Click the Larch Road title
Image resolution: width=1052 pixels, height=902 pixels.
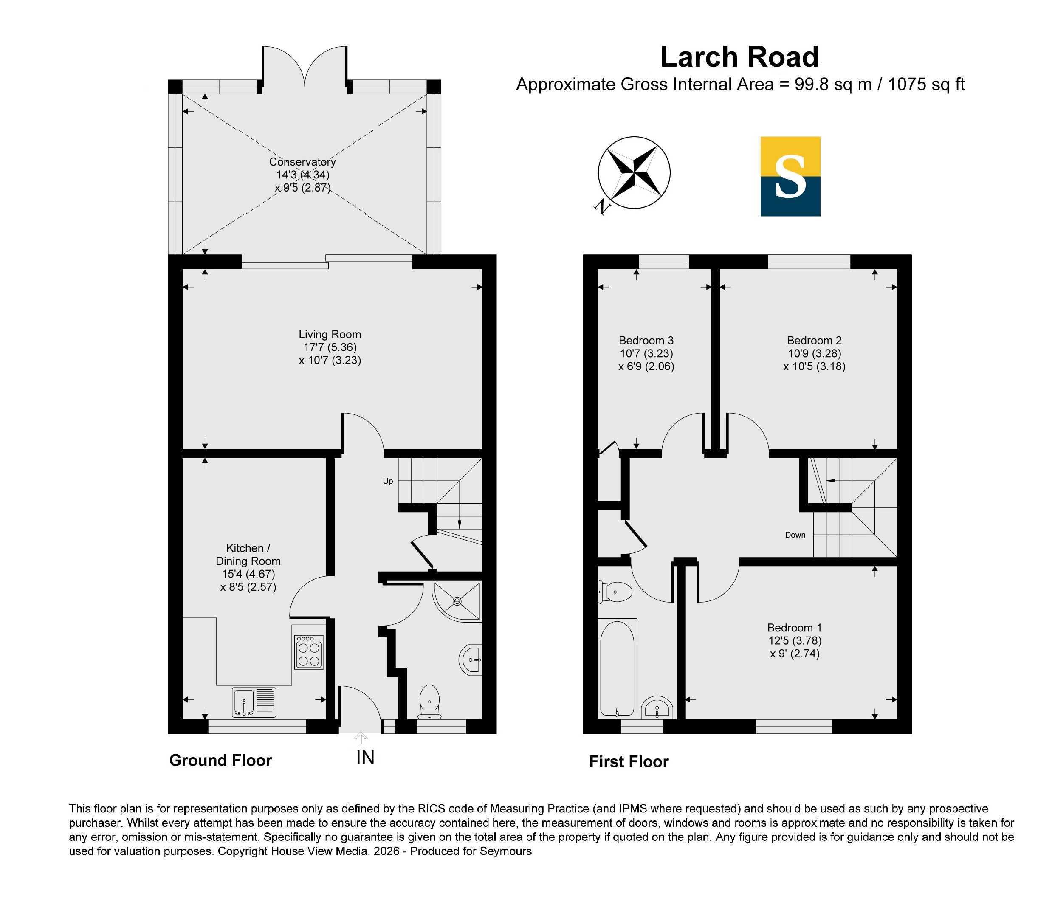pos(739,57)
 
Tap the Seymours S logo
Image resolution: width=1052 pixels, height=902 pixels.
pos(790,176)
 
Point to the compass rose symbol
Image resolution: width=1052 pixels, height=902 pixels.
pos(634,172)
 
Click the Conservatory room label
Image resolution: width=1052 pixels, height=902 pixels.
pos(302,162)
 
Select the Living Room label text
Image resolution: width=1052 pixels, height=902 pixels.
pos(330,335)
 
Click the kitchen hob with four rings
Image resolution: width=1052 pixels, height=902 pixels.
pos(309,652)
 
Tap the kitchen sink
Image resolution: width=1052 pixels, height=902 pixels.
pos(254,702)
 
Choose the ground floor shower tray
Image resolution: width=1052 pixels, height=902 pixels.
pos(457,601)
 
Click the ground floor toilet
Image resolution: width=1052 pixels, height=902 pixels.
pos(429,702)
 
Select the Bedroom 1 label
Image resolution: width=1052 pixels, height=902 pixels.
pos(794,628)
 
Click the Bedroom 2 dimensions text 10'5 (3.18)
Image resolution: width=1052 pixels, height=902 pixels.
pos(815,366)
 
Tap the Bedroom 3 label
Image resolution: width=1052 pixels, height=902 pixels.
pos(646,341)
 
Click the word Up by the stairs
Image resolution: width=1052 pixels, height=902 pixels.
pos(388,481)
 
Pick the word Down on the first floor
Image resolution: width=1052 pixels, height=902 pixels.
pos(795,535)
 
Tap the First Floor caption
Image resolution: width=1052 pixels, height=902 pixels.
pos(629,761)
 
